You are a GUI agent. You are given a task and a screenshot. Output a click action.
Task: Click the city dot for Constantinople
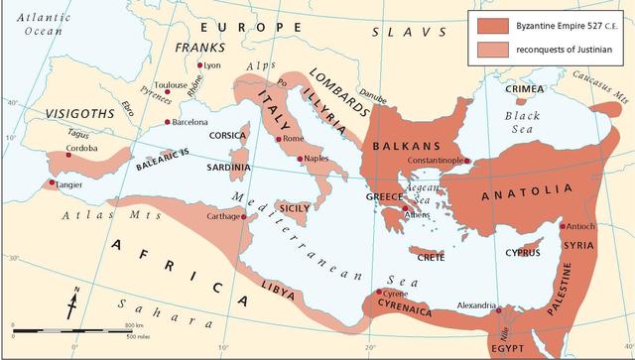tap(467, 162)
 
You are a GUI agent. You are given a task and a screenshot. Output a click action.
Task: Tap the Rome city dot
tap(278, 139)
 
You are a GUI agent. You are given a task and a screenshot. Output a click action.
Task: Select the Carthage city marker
tap(243, 215)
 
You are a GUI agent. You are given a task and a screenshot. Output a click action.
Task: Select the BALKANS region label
tap(398, 146)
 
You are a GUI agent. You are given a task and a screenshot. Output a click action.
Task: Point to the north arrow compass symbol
tap(73, 300)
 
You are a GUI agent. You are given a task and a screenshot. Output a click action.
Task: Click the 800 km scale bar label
tap(135, 324)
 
